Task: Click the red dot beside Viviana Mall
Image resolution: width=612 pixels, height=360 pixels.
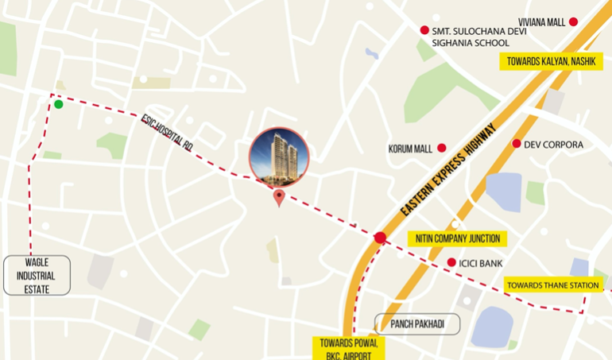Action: pos(574,22)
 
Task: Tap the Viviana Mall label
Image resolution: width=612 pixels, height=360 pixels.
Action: pos(541,22)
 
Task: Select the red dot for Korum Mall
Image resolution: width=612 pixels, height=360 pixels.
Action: pos(441,147)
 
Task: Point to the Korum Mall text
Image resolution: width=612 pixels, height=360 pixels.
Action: pos(411,148)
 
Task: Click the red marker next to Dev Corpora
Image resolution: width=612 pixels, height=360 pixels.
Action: pos(517,144)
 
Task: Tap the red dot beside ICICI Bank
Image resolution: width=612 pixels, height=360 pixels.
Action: pos(451,262)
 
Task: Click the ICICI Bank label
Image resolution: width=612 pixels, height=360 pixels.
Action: pos(481,263)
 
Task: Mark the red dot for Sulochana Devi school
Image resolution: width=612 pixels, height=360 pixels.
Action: pos(424,30)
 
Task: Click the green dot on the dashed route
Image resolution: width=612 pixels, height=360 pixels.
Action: pos(58,104)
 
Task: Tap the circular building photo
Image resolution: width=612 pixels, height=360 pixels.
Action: pos(278,156)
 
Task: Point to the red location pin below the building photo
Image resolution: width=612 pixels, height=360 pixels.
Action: pos(278,198)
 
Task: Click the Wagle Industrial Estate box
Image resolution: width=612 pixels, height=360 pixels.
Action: pos(37,276)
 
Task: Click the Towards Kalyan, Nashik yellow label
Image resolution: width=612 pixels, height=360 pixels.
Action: pos(550,61)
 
